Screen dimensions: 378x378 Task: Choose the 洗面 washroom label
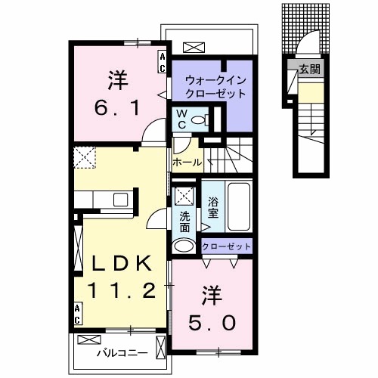click(x=184, y=218)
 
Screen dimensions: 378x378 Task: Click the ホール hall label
click(x=187, y=162)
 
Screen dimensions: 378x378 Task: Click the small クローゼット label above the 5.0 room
click(x=226, y=247)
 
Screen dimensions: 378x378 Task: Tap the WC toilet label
click(x=181, y=119)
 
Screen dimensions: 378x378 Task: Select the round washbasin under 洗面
click(x=184, y=246)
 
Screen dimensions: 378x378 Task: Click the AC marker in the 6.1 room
click(x=162, y=62)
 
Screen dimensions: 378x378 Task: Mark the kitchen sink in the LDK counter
click(x=121, y=200)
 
